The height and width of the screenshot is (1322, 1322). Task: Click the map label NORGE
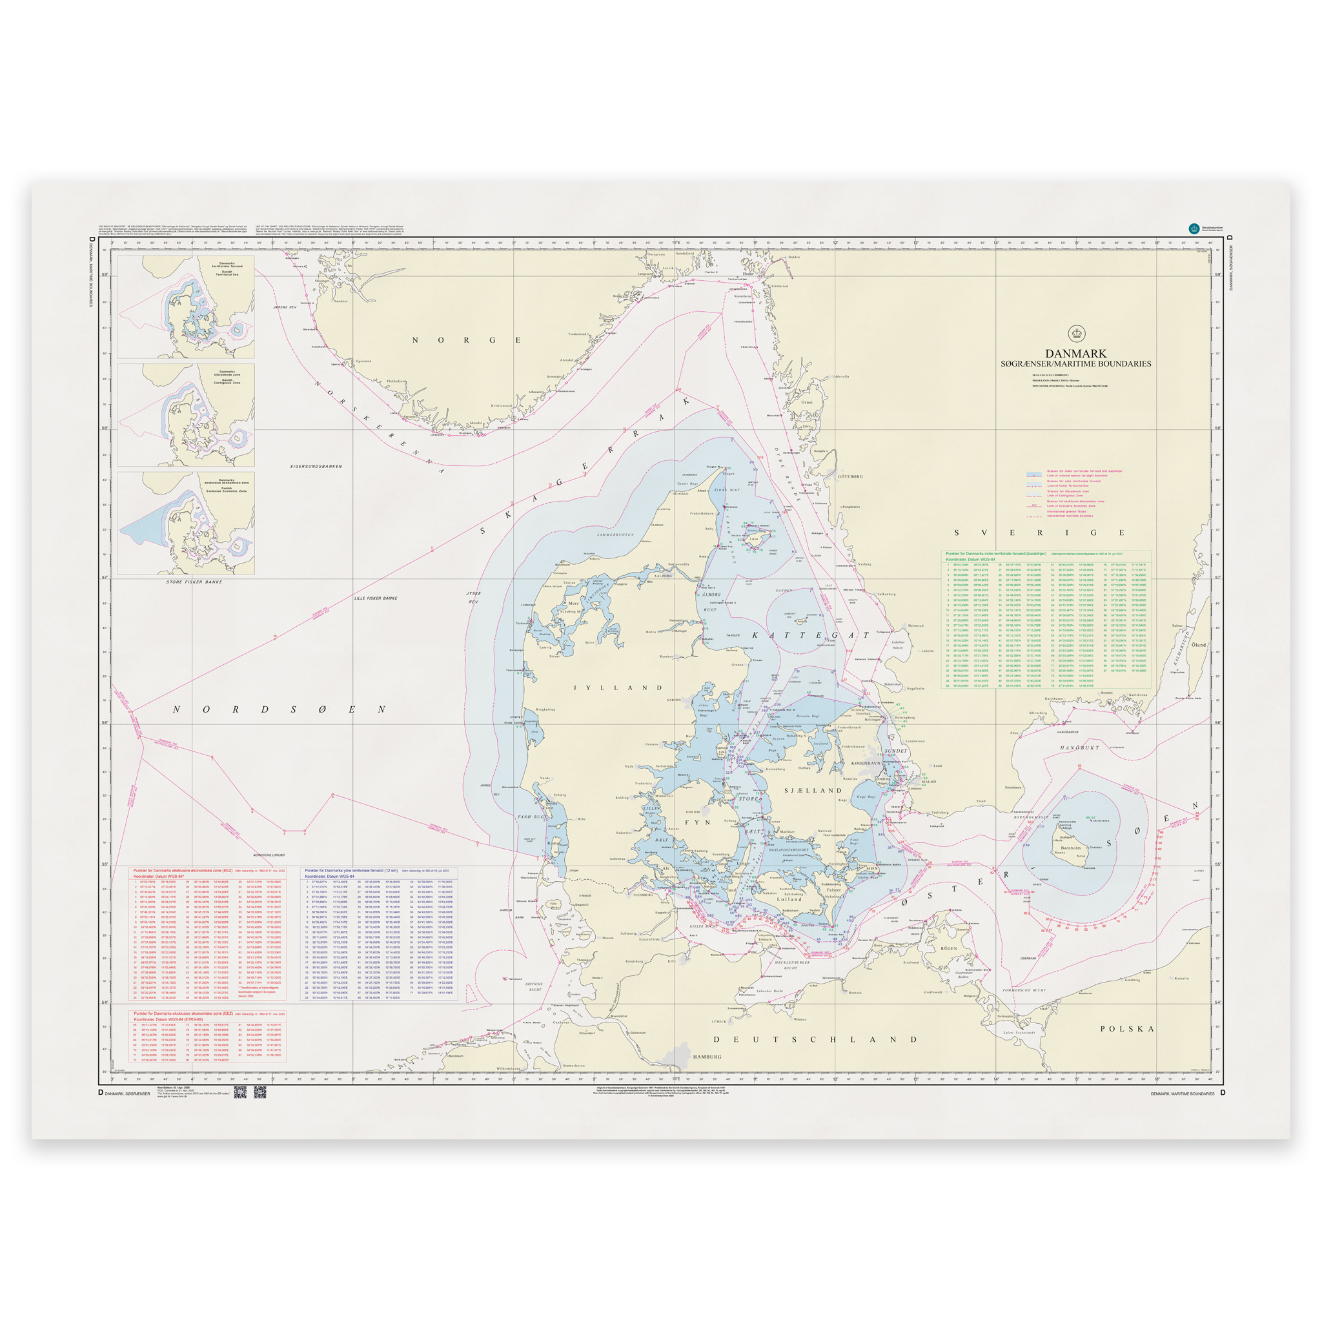[467, 340]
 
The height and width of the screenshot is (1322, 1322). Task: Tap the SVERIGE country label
[1039, 533]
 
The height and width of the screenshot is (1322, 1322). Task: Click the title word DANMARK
[1075, 354]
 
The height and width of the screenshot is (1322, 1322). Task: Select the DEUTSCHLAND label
[815, 1039]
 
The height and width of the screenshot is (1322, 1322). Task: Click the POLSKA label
[1127, 1028]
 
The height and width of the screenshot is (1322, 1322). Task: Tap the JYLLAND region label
[618, 687]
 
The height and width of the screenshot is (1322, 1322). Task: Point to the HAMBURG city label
[707, 1057]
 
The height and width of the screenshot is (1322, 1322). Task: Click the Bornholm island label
[1070, 848]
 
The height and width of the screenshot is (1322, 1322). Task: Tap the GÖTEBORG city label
[851, 476]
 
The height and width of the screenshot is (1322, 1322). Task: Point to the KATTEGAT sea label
[811, 636]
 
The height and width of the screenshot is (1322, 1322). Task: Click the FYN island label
[698, 822]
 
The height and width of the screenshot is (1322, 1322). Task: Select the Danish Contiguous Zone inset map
[185, 414]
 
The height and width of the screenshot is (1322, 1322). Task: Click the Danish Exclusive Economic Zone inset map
[185, 523]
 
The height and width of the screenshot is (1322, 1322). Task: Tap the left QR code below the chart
[239, 1092]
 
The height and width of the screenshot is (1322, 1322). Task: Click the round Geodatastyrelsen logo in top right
[1194, 229]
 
